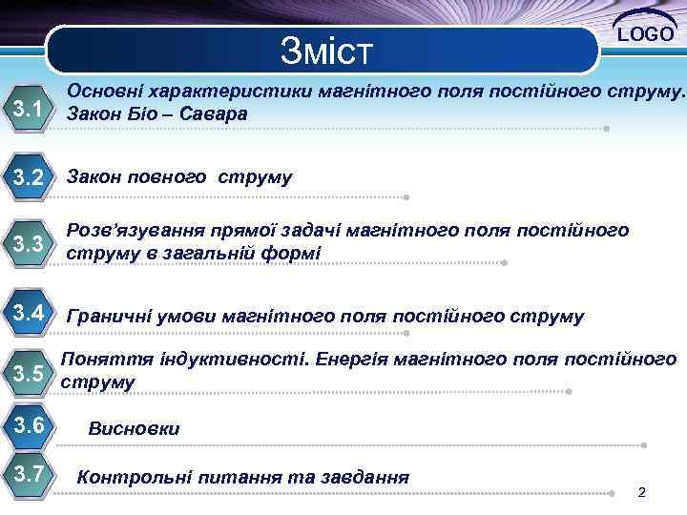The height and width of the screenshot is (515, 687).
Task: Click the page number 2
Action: (x=641, y=492)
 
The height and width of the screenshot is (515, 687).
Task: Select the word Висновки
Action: (x=134, y=429)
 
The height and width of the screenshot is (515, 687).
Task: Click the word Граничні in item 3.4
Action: (x=106, y=316)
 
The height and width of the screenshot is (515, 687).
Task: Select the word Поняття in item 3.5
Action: (x=97, y=360)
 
